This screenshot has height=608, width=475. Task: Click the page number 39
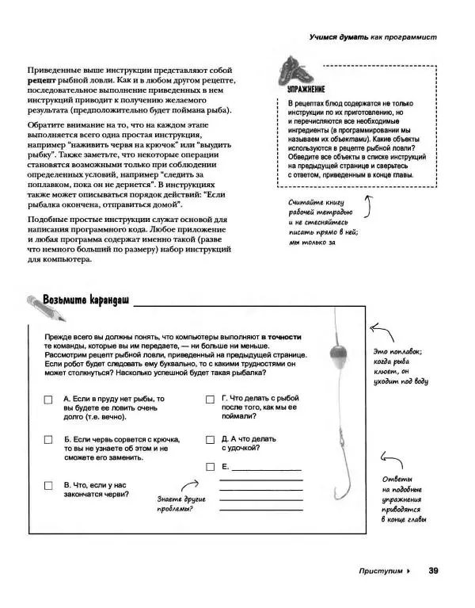click(433, 570)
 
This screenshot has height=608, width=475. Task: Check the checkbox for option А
click(49, 400)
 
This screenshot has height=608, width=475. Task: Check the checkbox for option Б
click(49, 441)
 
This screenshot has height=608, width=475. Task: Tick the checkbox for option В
click(49, 486)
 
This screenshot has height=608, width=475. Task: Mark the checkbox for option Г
click(210, 400)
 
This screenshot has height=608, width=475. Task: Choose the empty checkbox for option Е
click(210, 467)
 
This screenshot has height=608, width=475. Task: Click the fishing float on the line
click(337, 349)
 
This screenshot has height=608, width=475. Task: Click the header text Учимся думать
click(338, 38)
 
